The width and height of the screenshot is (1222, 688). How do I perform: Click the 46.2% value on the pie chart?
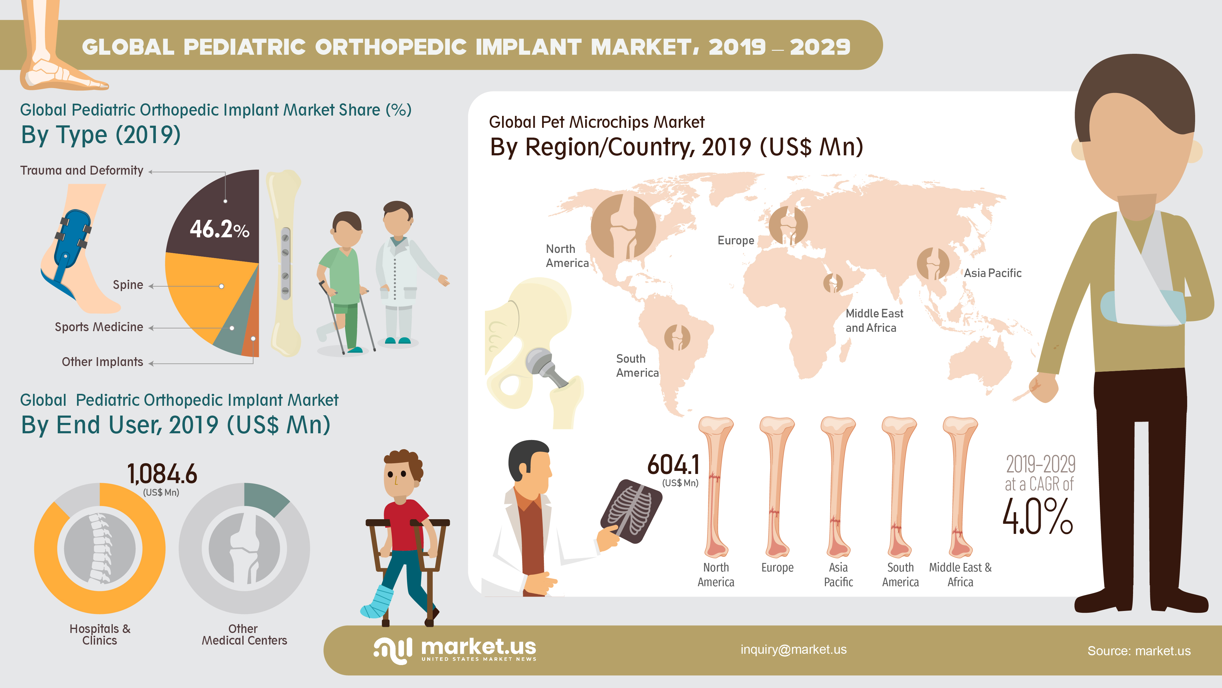point(220,229)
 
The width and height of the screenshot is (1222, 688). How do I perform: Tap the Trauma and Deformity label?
point(82,170)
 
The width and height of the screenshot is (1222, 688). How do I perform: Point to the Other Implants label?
point(102,362)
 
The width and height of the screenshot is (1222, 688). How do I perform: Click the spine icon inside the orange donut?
point(100,548)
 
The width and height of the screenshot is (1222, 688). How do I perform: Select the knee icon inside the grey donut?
point(244,548)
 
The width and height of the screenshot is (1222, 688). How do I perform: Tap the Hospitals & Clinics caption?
point(100,635)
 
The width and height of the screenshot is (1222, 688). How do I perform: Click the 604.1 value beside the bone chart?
point(673,464)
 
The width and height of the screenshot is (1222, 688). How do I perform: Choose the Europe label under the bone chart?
point(777,568)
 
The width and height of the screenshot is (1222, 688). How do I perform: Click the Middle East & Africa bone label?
point(960,575)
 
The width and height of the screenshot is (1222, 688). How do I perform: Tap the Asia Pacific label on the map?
point(993,273)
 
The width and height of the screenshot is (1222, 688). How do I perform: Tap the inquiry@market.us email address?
point(794,649)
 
